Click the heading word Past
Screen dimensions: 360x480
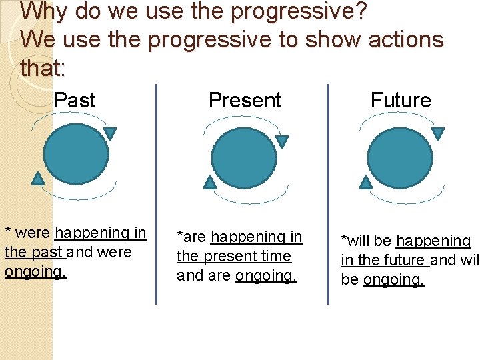click(75, 101)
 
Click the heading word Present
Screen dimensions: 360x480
click(245, 101)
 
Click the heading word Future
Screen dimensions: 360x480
click(401, 101)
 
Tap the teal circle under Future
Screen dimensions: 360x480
click(400, 158)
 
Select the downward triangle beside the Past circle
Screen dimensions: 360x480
click(110, 133)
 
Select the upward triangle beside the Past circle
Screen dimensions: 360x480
click(38, 177)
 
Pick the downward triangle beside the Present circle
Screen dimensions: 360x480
click(282, 141)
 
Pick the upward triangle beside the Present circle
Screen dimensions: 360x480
click(210, 182)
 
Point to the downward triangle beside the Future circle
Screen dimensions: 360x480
click(437, 133)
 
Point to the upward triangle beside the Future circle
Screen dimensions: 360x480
click(365, 181)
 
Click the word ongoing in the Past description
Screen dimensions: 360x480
click(35, 272)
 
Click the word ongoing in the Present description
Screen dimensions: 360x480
click(266, 276)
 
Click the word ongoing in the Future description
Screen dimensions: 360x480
click(393, 280)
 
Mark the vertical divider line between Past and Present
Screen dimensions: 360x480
click(157, 193)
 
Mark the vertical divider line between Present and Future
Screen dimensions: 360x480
click(328, 193)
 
